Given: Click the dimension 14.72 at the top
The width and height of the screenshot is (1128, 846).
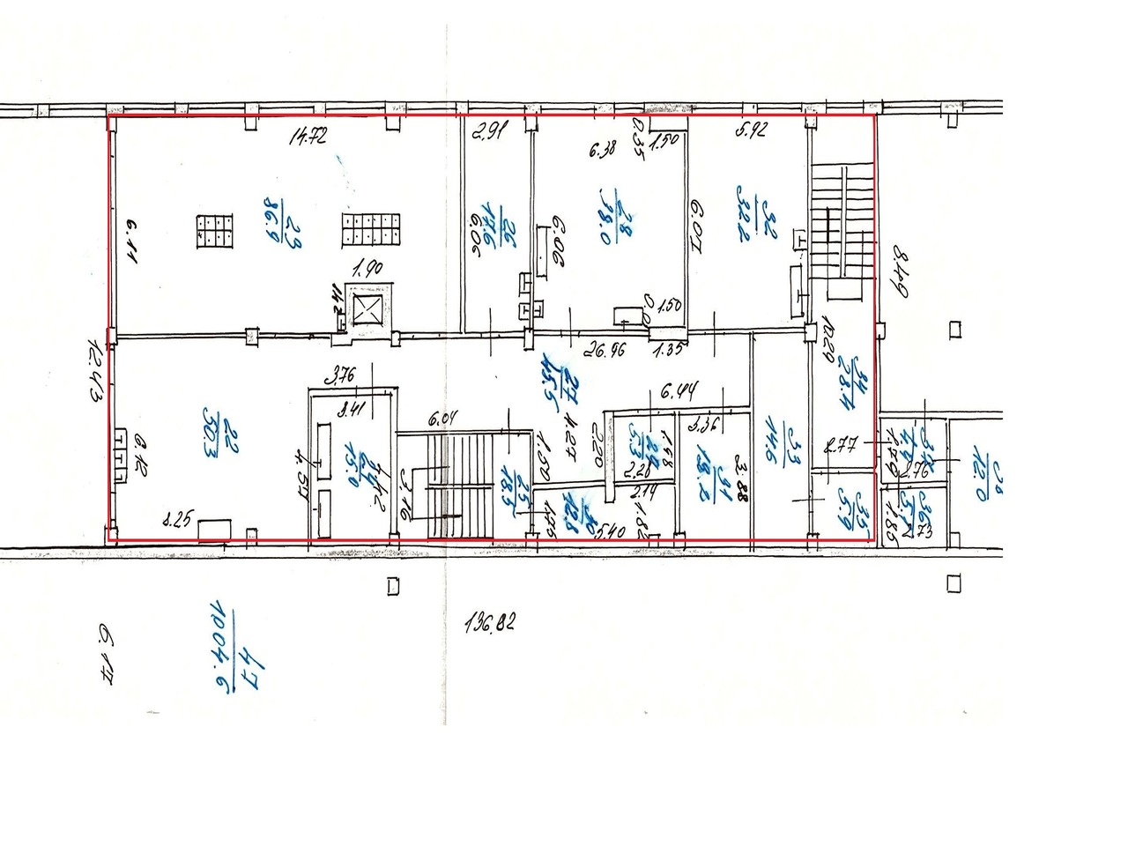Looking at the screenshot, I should coord(309,135).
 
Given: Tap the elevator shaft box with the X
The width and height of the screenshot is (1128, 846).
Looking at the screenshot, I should coord(367,308).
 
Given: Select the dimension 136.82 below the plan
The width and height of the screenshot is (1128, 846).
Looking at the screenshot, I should coord(489,623).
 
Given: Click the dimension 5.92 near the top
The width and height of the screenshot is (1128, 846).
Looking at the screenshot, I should coord(752,130).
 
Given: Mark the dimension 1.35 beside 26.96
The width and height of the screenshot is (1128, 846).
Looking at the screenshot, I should coord(668,349).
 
